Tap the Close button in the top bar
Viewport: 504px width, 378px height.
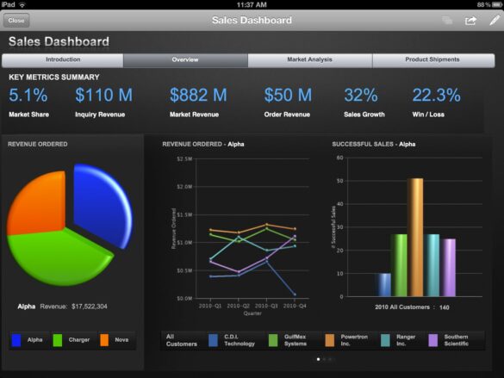pos(16,20)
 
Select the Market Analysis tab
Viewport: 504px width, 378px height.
pos(309,59)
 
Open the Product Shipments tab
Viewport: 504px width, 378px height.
pos(432,59)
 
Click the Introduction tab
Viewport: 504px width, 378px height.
pos(63,59)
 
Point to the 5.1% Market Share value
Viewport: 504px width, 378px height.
pos(28,96)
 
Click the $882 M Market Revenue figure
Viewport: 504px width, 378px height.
pos(198,96)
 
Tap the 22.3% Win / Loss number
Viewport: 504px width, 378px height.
pos(436,96)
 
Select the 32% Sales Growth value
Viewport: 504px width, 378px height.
pos(361,96)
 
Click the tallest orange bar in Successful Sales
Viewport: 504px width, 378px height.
pos(415,237)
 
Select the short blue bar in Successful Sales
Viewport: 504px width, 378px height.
pos(383,285)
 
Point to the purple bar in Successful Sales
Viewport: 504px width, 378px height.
pos(449,267)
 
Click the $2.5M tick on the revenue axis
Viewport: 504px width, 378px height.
pos(184,159)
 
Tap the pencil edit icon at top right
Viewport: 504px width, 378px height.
pos(494,20)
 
